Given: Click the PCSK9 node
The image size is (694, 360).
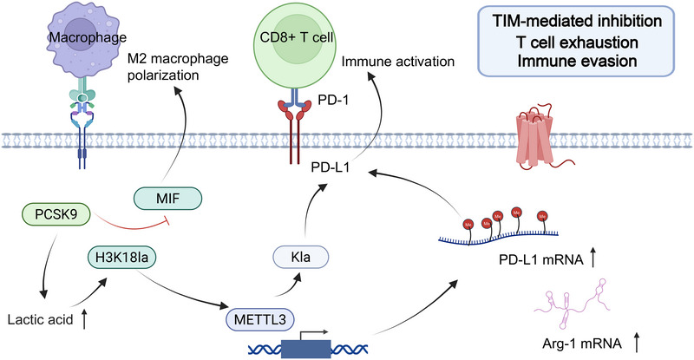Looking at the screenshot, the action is point(56,214).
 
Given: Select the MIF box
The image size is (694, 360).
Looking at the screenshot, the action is point(167,198).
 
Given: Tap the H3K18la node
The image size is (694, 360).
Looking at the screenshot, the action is point(121,258).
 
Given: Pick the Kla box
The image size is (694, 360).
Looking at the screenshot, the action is point(301,257).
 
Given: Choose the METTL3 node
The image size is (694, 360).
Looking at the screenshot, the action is point(259,319).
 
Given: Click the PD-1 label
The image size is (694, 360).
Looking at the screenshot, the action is point(333,101).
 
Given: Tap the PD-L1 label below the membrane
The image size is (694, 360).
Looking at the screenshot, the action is point(331,167).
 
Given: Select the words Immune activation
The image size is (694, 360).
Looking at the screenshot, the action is point(398,62).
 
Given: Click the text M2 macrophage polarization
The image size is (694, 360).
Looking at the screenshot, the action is point(178,67).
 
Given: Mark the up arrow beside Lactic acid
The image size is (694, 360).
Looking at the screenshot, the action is point(84,319).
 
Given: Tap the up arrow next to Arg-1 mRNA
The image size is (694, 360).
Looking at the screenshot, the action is point(637,343).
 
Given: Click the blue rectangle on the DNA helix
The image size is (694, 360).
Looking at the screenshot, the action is point(305,349).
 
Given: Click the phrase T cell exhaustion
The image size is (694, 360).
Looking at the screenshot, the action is point(577,43).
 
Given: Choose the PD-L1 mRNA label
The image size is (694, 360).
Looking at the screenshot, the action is point(540,259).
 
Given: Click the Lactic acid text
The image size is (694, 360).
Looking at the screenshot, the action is point(40,319).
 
